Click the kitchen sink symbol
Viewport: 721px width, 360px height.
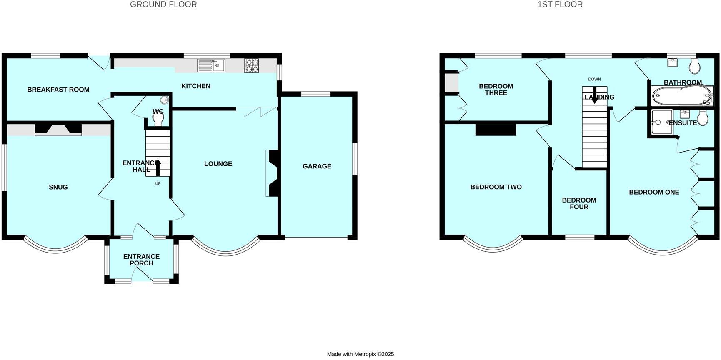pos(211,65)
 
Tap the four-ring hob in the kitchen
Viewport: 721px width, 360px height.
pos(251,66)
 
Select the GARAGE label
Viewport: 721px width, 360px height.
pos(317,166)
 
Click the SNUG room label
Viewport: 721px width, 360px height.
pos(58,187)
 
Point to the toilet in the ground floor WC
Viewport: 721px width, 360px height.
pos(158,118)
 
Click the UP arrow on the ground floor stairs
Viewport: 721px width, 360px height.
pos(158,167)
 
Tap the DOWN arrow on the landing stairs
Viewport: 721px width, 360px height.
pos(594,95)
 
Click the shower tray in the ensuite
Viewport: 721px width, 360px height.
pos(661,122)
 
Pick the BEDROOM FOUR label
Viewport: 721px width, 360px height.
pos(579,203)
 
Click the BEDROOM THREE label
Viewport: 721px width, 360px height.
pos(496,90)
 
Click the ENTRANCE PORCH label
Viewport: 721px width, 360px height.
pos(141,260)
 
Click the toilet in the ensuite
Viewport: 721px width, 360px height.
pos(703,118)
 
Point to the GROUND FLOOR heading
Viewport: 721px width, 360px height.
pos(163,5)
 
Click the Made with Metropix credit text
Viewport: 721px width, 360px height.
pos(360,354)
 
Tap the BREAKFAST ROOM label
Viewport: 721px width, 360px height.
pos(58,90)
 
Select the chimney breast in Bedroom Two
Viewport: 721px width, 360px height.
pos(496,130)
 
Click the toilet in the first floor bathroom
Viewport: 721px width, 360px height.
pos(694,66)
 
